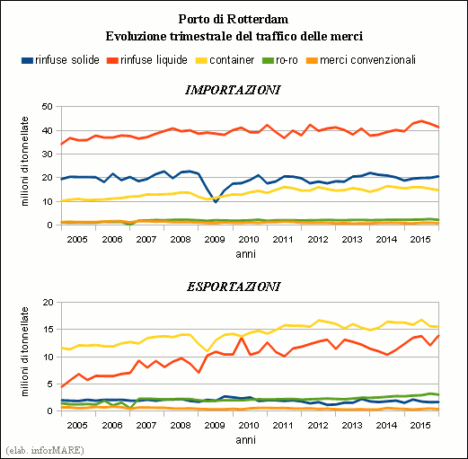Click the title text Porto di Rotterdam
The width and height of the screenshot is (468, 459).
[x=234, y=19]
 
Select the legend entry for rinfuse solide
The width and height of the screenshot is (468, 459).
[x=60, y=60]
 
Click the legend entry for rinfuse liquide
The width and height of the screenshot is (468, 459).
[x=147, y=60]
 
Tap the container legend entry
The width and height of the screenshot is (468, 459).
[x=225, y=60]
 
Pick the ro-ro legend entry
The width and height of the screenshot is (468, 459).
[x=280, y=60]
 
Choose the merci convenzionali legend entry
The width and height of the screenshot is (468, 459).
[x=361, y=60]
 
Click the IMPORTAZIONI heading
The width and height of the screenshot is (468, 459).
[x=233, y=90]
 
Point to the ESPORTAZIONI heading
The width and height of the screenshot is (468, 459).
[x=234, y=287]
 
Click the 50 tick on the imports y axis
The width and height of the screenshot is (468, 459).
[x=48, y=107]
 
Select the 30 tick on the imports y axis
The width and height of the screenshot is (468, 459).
[x=48, y=154]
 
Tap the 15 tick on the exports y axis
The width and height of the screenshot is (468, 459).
[x=48, y=330]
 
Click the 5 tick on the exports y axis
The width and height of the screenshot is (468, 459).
[x=50, y=384]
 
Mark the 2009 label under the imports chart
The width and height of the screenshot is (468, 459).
[x=215, y=240]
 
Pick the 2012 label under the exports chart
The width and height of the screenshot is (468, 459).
[x=318, y=425]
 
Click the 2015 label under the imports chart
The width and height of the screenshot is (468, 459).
[x=420, y=240]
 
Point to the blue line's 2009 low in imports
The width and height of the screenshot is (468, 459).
[x=216, y=202]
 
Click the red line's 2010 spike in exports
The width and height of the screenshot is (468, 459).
[x=242, y=338]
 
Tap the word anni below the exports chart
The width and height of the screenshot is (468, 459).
[x=245, y=440]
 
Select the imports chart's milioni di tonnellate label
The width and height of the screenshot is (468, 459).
[x=25, y=161]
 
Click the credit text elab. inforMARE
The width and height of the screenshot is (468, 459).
[x=45, y=450]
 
